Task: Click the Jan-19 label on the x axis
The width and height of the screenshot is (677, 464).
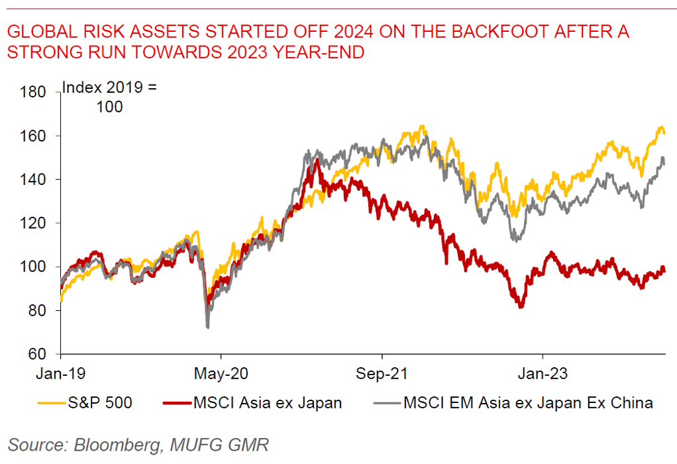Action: tap(61, 373)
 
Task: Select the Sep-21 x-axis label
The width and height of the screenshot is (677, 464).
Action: tap(382, 373)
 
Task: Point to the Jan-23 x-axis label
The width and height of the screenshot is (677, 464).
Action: tap(542, 373)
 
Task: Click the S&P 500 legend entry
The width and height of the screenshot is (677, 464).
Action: tap(107, 402)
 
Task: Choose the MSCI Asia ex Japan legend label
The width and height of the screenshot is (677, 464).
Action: tap(268, 402)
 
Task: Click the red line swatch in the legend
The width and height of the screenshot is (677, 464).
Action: tap(176, 402)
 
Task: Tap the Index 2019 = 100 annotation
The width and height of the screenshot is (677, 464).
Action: tap(109, 97)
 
